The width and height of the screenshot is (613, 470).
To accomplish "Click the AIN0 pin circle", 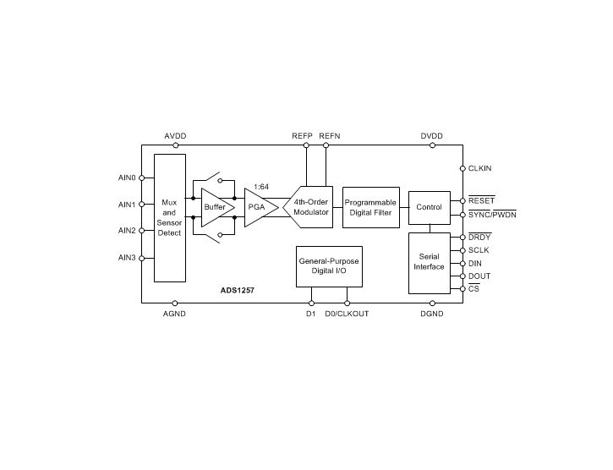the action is pos(141,178).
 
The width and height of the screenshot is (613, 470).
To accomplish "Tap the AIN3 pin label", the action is pos(127,258).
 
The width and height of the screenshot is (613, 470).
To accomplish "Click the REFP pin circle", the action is pos(306,145).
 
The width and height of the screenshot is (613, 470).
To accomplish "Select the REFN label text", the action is pos(330,136).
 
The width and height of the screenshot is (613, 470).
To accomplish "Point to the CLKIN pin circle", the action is pos(462,168).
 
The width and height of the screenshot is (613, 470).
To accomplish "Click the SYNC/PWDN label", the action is pos(492,215).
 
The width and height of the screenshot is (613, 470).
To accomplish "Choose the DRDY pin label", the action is pos(479,237).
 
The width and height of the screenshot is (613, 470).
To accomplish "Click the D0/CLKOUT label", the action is pos(347,314).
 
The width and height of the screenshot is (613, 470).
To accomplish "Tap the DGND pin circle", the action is pos(432,303).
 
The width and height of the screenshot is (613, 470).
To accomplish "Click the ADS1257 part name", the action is pos(238,291).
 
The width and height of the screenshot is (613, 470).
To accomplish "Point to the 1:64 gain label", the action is pos(261,187).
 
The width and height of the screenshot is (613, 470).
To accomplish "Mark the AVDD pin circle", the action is pos(176,145).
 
